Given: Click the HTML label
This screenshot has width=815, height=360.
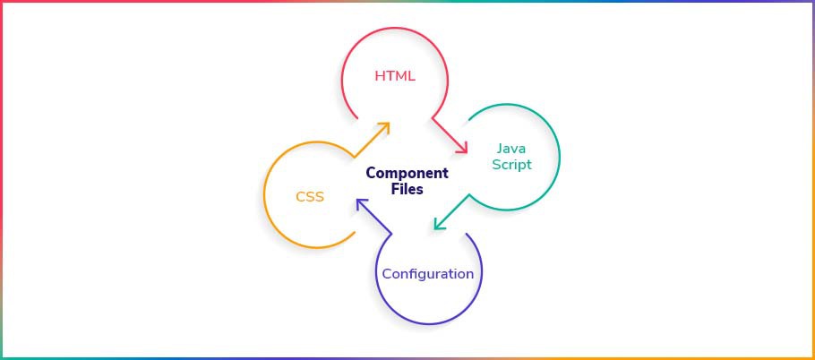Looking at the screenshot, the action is click(395, 76).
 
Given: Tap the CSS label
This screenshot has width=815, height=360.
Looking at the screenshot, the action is click(310, 197).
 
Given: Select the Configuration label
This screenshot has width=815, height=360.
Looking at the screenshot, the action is click(428, 274).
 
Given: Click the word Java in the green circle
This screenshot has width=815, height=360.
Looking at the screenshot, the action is click(508, 148).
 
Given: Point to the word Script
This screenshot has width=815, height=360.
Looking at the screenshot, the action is click(511, 165).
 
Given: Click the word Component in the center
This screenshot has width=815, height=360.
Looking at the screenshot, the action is click(407, 173).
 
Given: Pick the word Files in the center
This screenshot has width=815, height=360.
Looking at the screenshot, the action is click(407, 189).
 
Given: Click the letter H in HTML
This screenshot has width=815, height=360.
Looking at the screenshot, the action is click(380, 76).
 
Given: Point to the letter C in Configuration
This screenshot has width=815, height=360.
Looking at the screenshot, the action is click(387, 274).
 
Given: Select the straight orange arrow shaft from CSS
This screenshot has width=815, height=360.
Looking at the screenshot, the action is click(371, 141).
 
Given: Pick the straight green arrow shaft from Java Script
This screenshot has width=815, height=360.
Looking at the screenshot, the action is click(452, 211).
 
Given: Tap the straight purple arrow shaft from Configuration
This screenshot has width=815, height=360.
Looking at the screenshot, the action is click(374, 216).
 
